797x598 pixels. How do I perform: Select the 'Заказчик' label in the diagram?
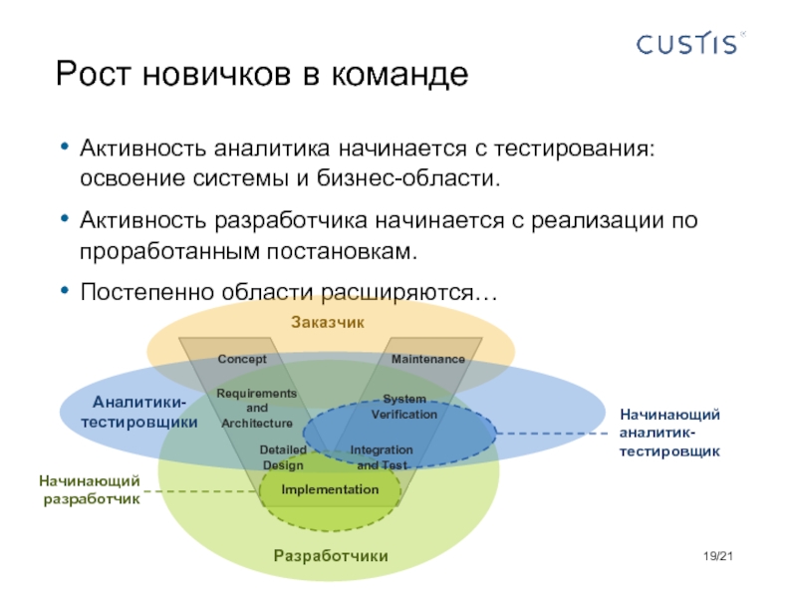tap(328, 322)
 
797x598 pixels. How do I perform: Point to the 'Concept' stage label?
tap(242, 358)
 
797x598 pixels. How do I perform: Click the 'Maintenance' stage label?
tap(427, 358)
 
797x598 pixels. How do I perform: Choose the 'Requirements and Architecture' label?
tap(256, 408)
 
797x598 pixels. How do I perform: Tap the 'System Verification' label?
tap(404, 406)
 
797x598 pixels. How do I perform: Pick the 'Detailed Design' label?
tap(283, 457)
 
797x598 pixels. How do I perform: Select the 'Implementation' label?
tap(330, 489)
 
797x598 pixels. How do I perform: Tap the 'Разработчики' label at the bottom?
tap(331, 555)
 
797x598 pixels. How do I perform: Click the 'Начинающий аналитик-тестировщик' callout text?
tap(669, 433)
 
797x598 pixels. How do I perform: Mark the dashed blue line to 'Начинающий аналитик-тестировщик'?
tap(553, 433)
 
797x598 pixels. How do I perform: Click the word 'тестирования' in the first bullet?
tap(575, 149)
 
